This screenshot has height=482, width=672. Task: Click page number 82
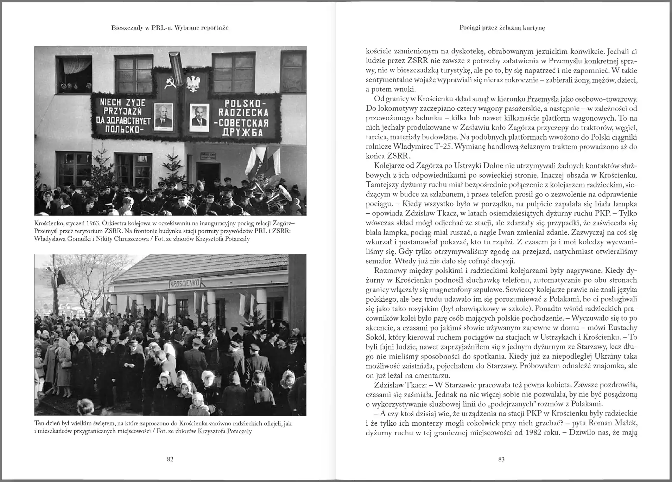[170, 459]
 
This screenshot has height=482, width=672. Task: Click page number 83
[501, 459]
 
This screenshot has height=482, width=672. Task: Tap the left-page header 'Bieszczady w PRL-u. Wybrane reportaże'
[170, 27]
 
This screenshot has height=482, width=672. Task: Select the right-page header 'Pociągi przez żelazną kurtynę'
[502, 27]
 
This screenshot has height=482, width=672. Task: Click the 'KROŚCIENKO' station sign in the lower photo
[185, 283]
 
